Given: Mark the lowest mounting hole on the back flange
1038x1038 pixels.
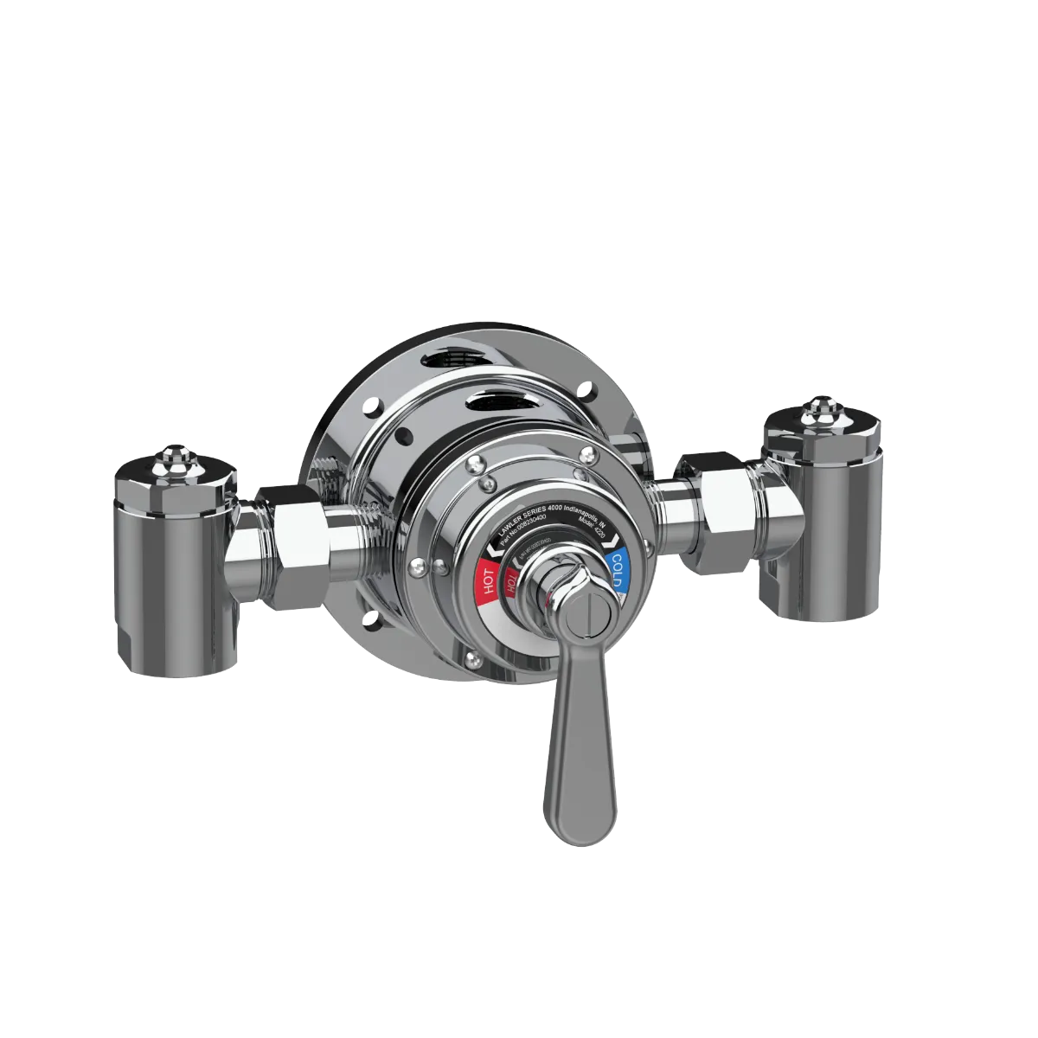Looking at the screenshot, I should pos(378,619).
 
